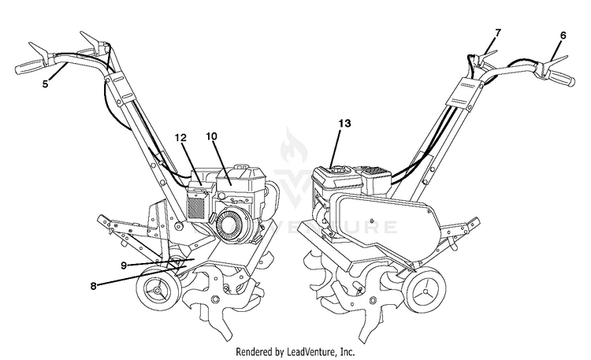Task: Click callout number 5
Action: pos(45,84)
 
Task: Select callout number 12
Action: pos(180,137)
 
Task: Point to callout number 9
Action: pos(124,265)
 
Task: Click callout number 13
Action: pos(344,124)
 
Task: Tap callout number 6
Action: pos(563,35)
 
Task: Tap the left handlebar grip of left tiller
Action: pos(32,66)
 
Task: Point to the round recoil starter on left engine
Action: pos(232,228)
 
